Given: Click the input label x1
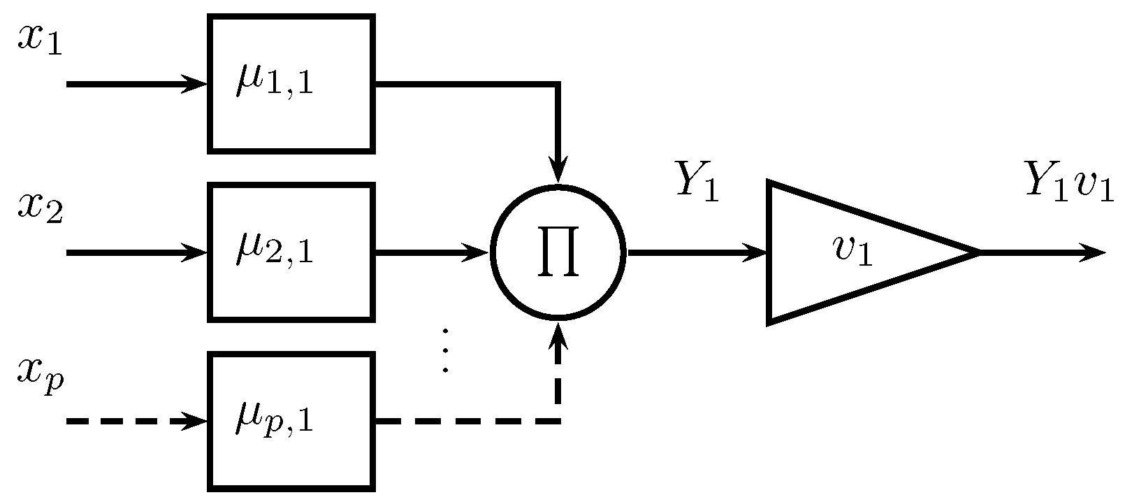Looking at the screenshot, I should tap(40, 40).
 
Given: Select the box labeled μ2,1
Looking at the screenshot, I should tap(291, 252).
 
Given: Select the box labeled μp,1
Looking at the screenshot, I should tap(291, 421).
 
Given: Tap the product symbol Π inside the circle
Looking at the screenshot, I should tap(557, 252).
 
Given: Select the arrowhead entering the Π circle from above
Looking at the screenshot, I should tap(558, 171).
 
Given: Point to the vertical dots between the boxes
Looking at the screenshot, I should tap(444, 350).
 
